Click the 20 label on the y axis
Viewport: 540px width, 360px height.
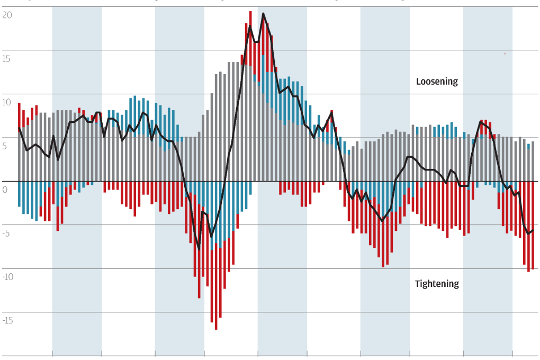click(7, 15)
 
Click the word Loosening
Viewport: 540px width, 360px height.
click(437, 82)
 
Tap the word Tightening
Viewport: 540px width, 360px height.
click(437, 284)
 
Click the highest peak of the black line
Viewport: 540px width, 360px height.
click(263, 14)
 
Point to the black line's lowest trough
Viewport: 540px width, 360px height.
click(199, 249)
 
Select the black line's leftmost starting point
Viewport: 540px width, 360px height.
click(19, 128)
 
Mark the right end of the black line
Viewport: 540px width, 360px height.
click(533, 230)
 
